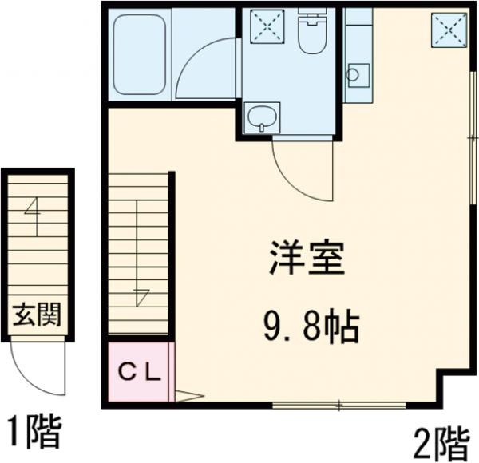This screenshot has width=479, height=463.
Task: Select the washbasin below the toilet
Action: (x=261, y=119)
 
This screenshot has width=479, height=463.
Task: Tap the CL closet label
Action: (x=141, y=371)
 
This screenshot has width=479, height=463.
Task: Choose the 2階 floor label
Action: (x=441, y=441)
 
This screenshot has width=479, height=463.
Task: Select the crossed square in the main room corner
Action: (x=449, y=31)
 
